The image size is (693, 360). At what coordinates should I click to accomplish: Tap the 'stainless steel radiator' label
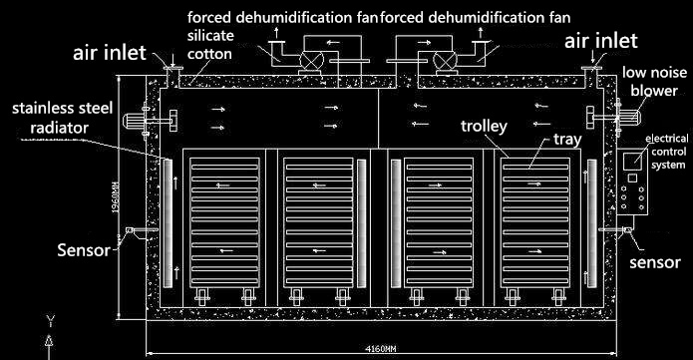(55, 115)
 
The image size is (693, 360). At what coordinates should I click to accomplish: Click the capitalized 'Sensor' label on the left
(84, 250)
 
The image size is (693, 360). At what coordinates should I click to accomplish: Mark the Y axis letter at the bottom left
(48, 320)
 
